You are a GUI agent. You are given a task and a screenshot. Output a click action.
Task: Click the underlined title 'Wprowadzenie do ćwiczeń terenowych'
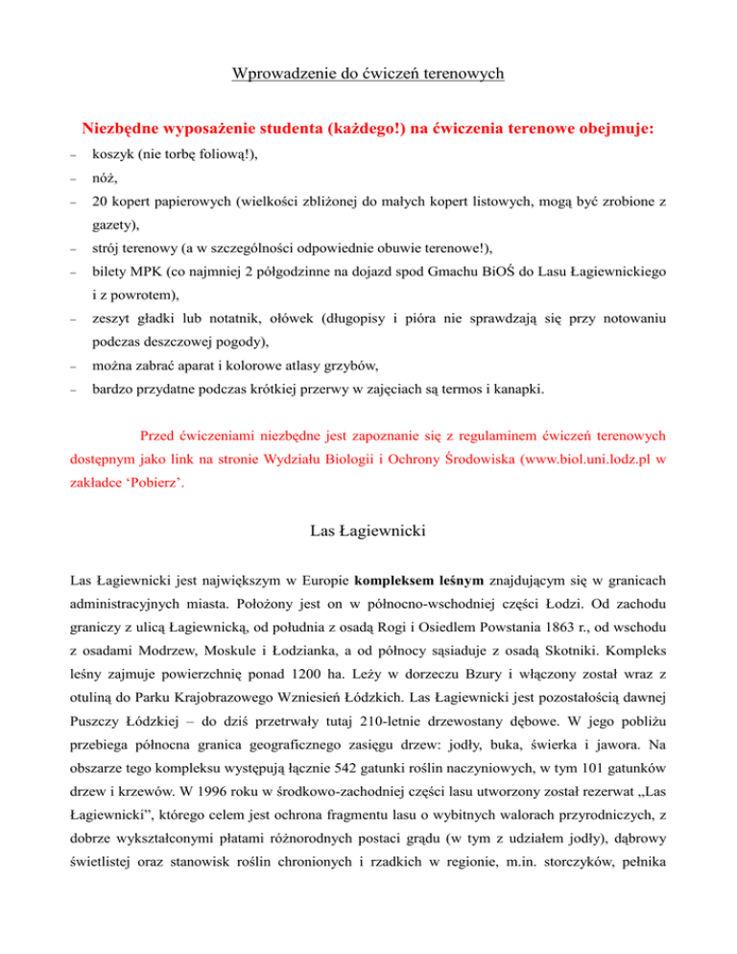click(x=368, y=73)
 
